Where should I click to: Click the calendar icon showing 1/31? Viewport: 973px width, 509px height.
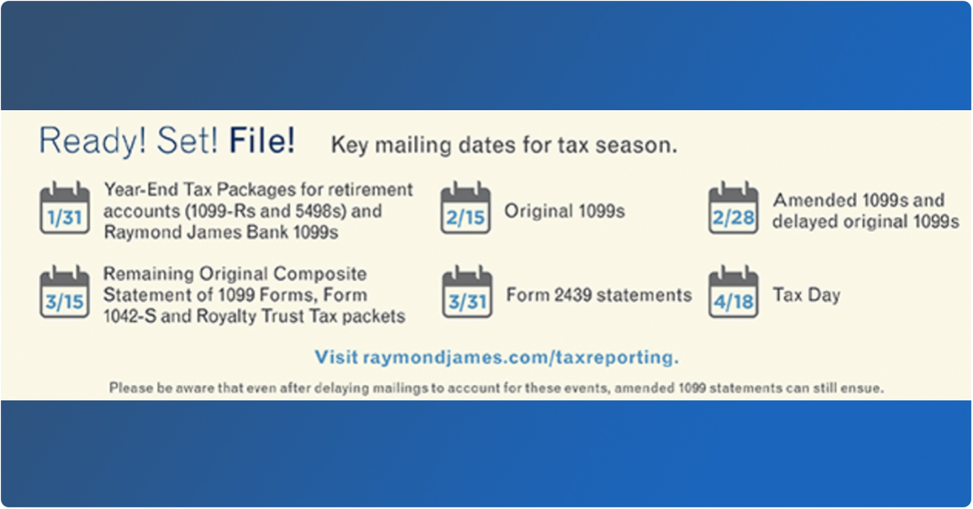pyautogui.click(x=65, y=208)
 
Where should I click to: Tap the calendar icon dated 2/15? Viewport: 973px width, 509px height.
pyautogui.click(x=465, y=208)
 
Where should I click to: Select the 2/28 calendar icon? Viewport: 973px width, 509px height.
pyautogui.click(x=733, y=208)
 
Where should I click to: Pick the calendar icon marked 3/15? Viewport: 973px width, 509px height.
pyautogui.click(x=65, y=292)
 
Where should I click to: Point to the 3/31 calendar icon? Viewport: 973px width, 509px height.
pyautogui.click(x=467, y=292)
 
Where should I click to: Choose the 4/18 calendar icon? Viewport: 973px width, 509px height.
pyautogui.click(x=733, y=292)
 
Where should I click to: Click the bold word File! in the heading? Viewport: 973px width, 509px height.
pyautogui.click(x=262, y=141)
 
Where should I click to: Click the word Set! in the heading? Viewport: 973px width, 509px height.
pyautogui.click(x=187, y=141)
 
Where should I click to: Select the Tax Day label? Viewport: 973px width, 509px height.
pyautogui.click(x=807, y=295)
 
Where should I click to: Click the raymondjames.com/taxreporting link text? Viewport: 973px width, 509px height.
pyautogui.click(x=521, y=357)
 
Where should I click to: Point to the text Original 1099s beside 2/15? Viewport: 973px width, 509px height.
pyautogui.click(x=564, y=211)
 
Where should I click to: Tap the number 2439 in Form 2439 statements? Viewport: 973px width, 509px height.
pyautogui.click(x=573, y=295)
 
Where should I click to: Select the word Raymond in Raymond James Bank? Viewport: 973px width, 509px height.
pyautogui.click(x=143, y=233)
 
